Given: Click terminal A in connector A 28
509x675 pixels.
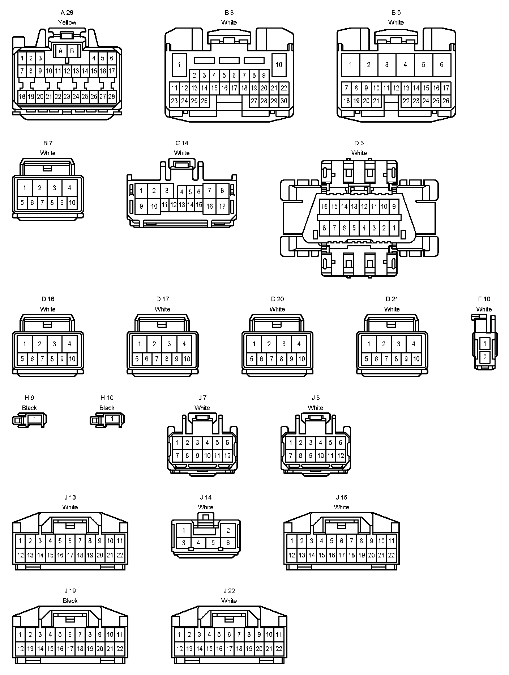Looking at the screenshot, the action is click(x=61, y=51).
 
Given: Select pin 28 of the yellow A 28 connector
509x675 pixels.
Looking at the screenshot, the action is click(x=112, y=97).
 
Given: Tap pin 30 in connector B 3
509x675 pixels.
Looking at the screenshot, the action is click(x=284, y=101).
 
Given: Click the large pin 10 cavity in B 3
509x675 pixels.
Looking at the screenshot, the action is click(x=279, y=65).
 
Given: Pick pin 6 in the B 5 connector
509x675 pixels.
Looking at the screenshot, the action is click(x=441, y=65).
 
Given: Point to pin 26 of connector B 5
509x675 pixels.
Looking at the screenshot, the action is click(x=446, y=101).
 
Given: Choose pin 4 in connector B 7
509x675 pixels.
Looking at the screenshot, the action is click(x=69, y=188).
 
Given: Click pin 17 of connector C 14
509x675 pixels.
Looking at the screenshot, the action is click(x=222, y=207).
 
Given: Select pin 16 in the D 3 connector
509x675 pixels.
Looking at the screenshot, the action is click(x=324, y=207).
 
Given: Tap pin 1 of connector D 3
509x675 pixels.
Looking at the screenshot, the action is click(x=394, y=228).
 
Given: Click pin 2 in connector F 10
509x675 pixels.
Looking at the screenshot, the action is click(x=485, y=357).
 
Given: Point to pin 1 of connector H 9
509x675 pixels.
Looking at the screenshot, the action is click(x=34, y=419).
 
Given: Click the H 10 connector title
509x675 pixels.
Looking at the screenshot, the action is click(x=107, y=398).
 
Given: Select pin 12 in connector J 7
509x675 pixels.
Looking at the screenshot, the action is click(x=227, y=456).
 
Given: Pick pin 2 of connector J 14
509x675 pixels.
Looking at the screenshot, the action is click(x=228, y=531).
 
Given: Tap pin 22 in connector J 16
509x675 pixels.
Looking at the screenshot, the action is click(x=391, y=555).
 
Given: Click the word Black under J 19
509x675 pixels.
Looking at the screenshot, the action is click(x=70, y=601).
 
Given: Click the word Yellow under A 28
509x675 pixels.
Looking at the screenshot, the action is click(x=67, y=22).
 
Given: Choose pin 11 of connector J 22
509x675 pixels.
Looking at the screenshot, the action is click(x=279, y=634).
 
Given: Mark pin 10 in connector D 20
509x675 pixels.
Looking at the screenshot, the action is click(x=301, y=359).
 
